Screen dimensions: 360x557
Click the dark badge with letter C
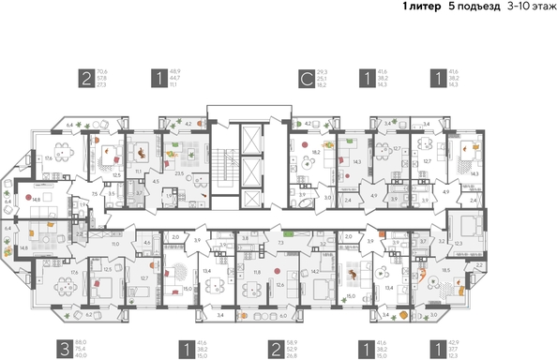point(306,79)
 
